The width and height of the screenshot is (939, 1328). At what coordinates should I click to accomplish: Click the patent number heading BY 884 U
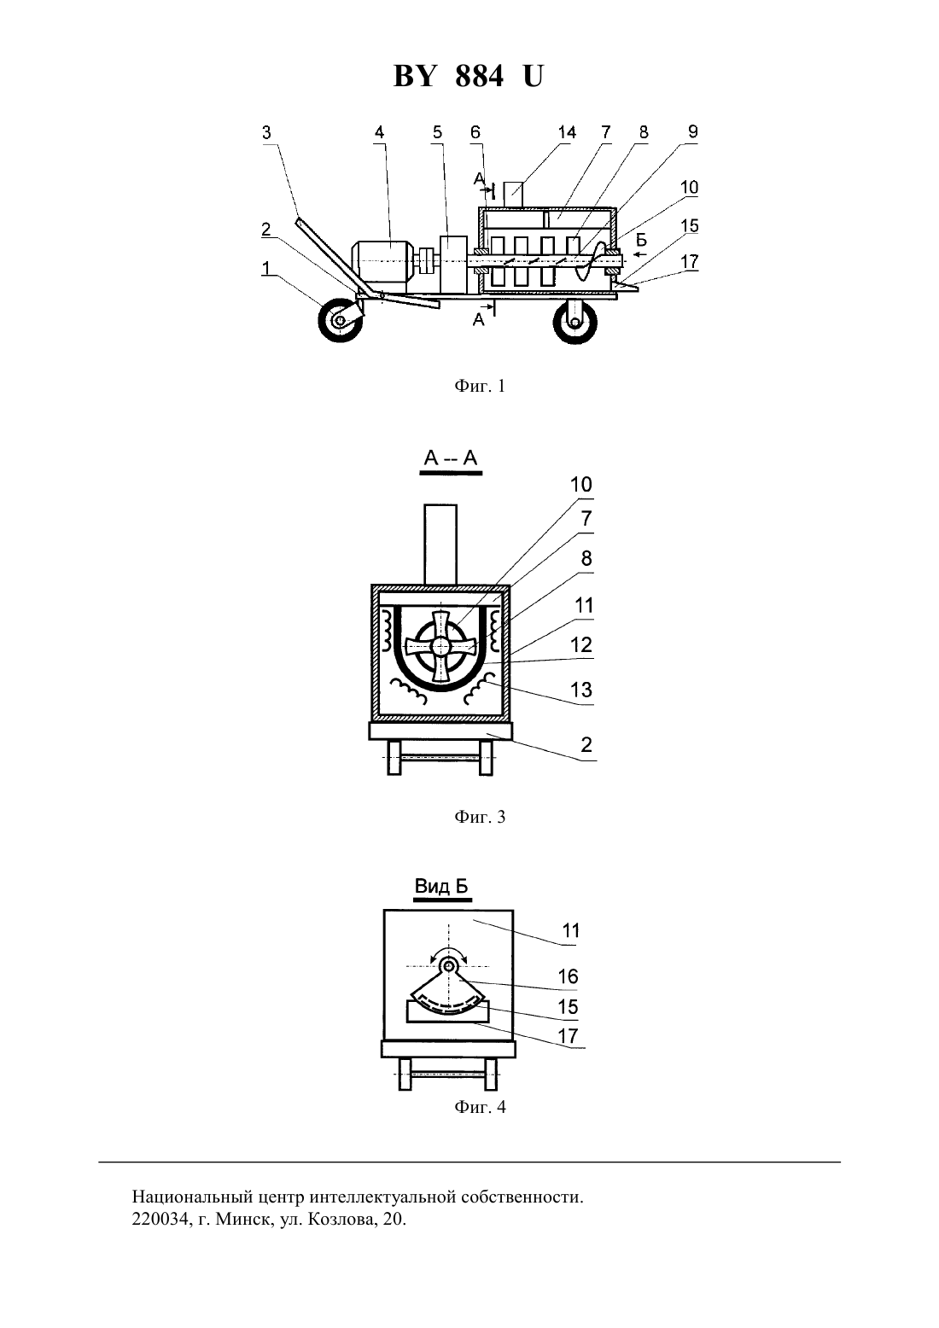[x=469, y=77]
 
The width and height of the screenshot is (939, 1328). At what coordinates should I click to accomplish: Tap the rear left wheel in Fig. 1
[x=341, y=320]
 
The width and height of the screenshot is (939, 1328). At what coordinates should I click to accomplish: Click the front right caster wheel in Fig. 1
[x=574, y=323]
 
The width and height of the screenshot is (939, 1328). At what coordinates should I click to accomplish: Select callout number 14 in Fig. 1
[x=567, y=132]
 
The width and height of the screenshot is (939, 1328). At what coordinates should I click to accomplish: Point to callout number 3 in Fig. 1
[x=266, y=132]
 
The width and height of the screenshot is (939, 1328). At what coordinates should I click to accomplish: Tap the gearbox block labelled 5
[x=453, y=265]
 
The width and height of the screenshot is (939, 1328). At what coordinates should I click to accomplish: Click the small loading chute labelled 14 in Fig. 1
[x=513, y=194]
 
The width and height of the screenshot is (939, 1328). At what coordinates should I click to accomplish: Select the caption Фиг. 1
[x=480, y=387]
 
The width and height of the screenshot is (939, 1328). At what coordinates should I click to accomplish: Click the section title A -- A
[x=451, y=458]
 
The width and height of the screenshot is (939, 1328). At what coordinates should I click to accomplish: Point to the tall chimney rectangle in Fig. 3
[x=440, y=545]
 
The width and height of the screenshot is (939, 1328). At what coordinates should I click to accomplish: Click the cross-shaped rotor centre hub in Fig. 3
[x=441, y=644]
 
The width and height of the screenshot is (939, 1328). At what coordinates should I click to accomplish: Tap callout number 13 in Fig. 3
[x=581, y=690]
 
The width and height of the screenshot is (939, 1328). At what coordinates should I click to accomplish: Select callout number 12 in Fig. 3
[x=581, y=644]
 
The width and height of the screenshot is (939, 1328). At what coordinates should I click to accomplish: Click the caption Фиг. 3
[x=480, y=817]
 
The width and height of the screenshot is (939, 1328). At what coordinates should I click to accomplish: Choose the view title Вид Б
[x=441, y=886]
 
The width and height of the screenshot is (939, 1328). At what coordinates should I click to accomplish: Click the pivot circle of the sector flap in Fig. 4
[x=449, y=967]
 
